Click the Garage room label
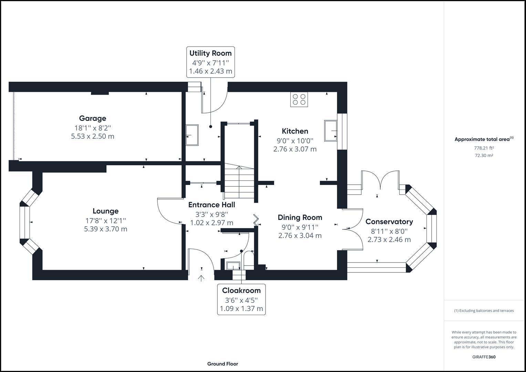tap(92, 118)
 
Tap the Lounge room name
tap(105, 211)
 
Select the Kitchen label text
tap(295, 131)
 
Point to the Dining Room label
tap(300, 217)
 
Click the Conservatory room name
tap(389, 221)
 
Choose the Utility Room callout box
tap(210, 62)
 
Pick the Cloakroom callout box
tap(241, 299)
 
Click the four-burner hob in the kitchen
tap(299, 100)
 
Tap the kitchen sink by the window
tap(331, 131)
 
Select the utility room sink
tap(192, 135)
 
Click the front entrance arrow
tap(201, 278)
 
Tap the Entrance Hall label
tap(212, 205)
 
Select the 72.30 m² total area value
tap(484, 156)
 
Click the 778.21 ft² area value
tap(484, 148)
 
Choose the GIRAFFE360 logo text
tap(484, 357)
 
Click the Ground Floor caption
tap(223, 364)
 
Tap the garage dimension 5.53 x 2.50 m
tap(92, 136)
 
